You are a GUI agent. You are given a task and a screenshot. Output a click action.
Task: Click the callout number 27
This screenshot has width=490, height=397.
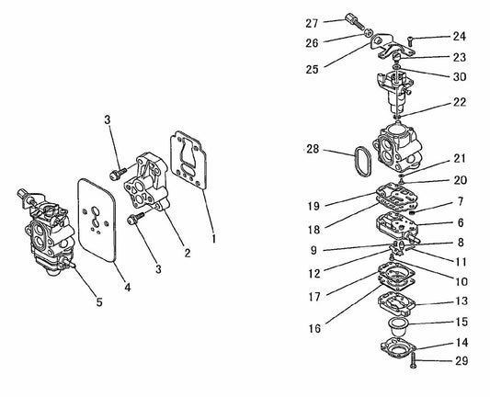coord(311,22)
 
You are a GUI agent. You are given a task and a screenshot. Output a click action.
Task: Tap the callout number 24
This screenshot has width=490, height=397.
coord(459,37)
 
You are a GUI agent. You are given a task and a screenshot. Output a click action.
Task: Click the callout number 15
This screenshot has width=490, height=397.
coord(460,322)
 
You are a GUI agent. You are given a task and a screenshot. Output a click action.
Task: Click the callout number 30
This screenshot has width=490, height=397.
coord(459,77)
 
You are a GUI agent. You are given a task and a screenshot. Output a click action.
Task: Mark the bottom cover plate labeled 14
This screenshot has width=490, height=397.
coord(400,346)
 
